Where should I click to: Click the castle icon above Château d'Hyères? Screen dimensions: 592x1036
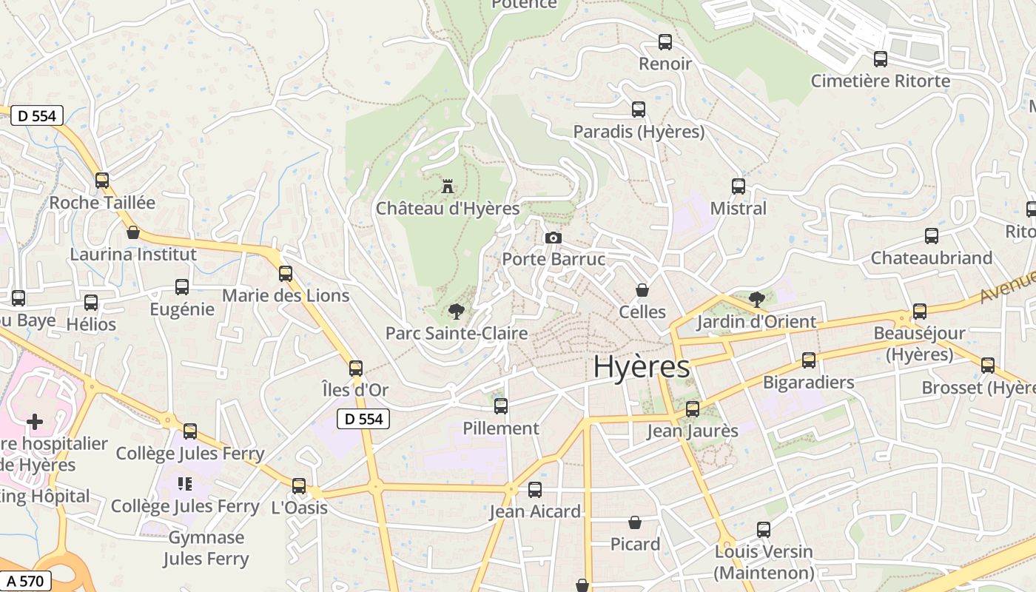click(x=447, y=186)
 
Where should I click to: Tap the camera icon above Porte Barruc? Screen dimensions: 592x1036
click(x=553, y=238)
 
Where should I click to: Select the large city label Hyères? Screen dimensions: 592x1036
click(x=642, y=367)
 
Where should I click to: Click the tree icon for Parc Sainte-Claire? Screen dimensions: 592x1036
click(x=457, y=312)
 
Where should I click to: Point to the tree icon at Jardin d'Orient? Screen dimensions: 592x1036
click(x=756, y=300)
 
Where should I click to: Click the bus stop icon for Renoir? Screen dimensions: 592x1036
click(x=665, y=42)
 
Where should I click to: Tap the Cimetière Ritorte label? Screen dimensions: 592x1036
click(x=880, y=81)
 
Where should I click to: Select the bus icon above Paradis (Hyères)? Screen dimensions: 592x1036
click(x=639, y=110)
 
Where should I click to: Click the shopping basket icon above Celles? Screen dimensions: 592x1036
click(x=642, y=290)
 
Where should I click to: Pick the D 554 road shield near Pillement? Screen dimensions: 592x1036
click(x=363, y=419)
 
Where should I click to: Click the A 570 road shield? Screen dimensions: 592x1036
click(x=25, y=582)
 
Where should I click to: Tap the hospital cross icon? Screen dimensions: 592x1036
click(x=35, y=422)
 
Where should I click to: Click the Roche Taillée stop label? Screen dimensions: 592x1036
click(x=102, y=203)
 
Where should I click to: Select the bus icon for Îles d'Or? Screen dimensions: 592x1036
click(x=356, y=368)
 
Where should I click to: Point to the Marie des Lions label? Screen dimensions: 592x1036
click(x=286, y=295)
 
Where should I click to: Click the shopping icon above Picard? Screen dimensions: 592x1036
click(x=635, y=522)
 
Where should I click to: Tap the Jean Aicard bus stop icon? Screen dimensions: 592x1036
click(x=534, y=489)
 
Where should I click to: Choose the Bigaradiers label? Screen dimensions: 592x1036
click(x=808, y=383)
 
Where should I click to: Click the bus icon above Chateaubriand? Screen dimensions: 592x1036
click(x=932, y=236)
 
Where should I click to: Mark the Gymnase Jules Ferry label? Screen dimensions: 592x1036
click(x=206, y=548)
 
